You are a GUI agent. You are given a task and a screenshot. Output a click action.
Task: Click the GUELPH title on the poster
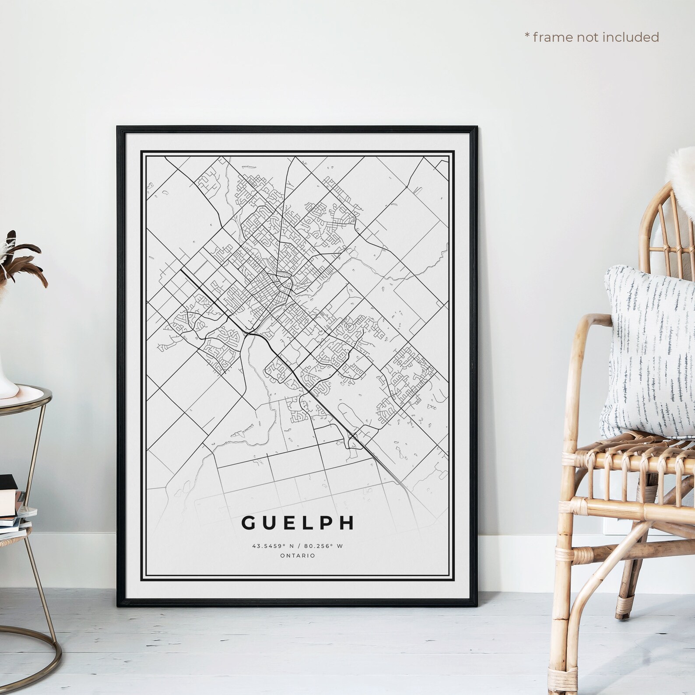[x=298, y=523]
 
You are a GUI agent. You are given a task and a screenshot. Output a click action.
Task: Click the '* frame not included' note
[x=592, y=37]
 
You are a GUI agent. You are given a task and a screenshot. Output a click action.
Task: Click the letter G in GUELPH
[x=247, y=523]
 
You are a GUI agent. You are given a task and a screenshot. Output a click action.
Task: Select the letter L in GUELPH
[x=307, y=523]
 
